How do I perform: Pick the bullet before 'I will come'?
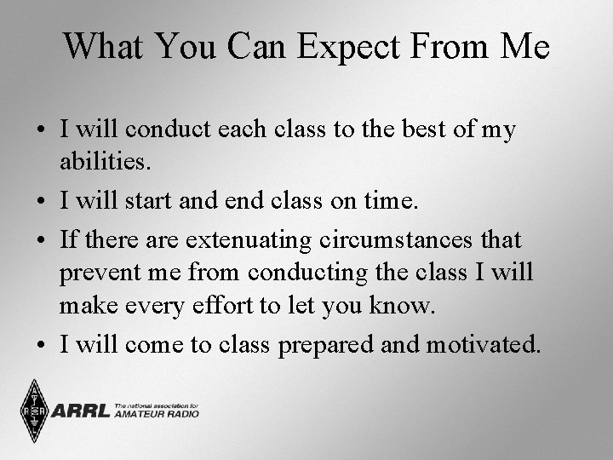(x=41, y=345)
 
